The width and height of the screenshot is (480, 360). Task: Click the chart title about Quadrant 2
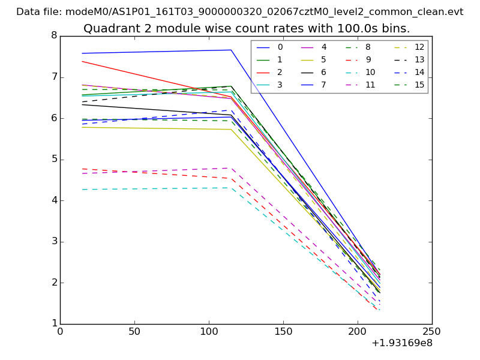(247, 28)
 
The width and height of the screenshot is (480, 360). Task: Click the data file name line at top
(239, 11)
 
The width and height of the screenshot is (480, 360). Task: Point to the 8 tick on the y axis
(54, 35)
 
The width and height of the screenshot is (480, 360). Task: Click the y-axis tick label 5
(54, 159)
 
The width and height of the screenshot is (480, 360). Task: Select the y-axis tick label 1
(54, 324)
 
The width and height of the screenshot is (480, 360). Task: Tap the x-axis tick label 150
(283, 331)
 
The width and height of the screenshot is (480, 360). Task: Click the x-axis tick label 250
(432, 331)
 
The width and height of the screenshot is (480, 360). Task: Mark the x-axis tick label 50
(134, 331)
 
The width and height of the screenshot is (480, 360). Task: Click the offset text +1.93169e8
(401, 343)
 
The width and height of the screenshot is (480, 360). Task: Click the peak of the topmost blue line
(231, 50)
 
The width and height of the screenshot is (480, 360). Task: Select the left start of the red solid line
(82, 61)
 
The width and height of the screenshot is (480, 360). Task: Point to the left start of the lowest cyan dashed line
(82, 190)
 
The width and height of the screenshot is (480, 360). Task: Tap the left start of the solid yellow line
(82, 127)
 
